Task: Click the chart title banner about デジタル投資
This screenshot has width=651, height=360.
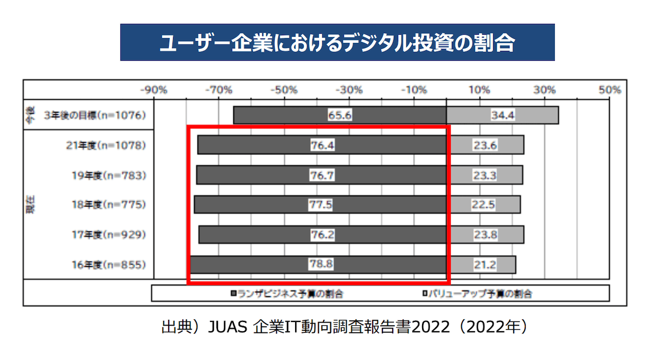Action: pyautogui.click(x=337, y=42)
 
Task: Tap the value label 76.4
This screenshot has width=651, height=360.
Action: pyautogui.click(x=322, y=145)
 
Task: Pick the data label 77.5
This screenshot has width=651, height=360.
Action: pyautogui.click(x=322, y=205)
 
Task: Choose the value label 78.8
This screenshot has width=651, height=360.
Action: pyautogui.click(x=322, y=265)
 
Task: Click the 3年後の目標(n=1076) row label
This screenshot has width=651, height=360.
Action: pyautogui.click(x=95, y=115)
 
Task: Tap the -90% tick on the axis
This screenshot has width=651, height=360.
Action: pyautogui.click(x=154, y=90)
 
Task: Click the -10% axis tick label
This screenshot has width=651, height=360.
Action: pyautogui.click(x=414, y=90)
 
